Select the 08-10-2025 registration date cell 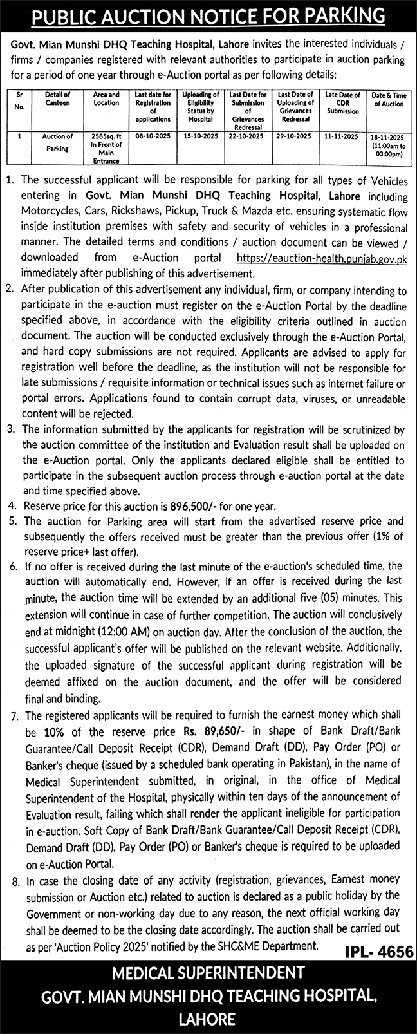tap(153, 137)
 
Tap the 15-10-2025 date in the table tap(200, 137)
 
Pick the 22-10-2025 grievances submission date tap(247, 137)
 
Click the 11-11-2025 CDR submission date tap(342, 137)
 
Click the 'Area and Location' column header tap(106, 99)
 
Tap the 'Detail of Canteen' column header tap(58, 99)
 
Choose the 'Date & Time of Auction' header tap(388, 99)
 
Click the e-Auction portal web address tap(322, 258)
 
